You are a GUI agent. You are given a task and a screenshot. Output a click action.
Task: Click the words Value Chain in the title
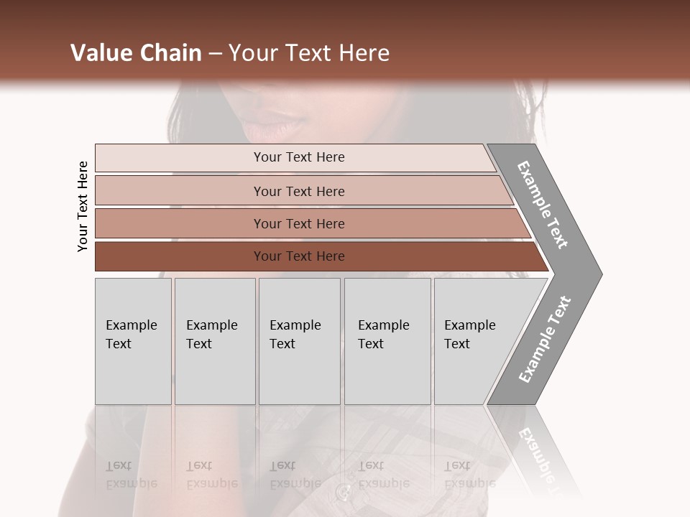136,53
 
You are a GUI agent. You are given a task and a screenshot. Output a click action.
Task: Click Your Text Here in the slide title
309,53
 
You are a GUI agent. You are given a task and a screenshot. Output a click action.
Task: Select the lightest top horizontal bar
180,157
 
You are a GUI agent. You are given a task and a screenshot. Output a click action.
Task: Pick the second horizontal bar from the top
180,191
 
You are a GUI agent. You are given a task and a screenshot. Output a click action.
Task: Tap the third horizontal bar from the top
180,223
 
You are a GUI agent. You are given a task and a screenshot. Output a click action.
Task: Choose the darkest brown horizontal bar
180,256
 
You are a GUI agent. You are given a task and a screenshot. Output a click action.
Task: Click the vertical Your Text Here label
83,206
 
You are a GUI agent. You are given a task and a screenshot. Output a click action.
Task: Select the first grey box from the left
133,341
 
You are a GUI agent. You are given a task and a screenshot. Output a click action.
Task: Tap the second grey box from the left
215,341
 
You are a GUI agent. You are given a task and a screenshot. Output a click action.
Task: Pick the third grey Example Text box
299,341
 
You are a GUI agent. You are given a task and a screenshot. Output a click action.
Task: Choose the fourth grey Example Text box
387,341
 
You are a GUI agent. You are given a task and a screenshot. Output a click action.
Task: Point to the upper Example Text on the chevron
543,205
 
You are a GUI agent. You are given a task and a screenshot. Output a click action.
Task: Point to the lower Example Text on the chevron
545,339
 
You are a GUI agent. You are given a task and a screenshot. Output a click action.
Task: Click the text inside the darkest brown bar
299,256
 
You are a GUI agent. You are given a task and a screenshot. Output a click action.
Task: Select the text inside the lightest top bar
299,157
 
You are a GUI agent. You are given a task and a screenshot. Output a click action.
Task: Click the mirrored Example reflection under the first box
132,483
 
